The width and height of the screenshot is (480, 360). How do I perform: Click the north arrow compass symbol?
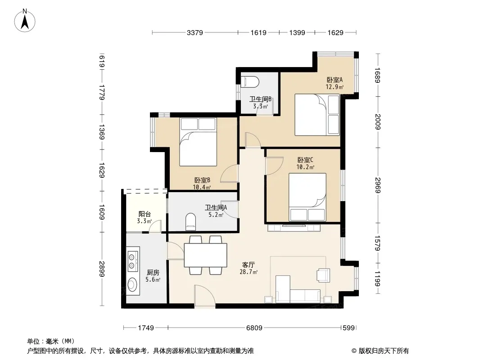click(25, 21)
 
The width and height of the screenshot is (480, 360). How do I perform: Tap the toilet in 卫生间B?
click(250, 82)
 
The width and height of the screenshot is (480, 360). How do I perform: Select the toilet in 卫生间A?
click(190, 222)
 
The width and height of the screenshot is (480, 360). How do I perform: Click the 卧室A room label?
click(335, 80)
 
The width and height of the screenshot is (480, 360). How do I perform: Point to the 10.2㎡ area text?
click(305, 167)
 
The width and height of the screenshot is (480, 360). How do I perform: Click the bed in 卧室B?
click(198, 142)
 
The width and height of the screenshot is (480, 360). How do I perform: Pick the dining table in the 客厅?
click(205, 255)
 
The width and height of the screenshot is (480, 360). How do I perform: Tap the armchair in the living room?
click(323, 274)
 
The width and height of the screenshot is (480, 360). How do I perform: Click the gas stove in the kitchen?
click(133, 259)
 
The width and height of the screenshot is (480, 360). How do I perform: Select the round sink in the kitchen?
click(132, 285)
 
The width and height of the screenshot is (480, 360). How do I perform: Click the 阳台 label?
click(145, 214)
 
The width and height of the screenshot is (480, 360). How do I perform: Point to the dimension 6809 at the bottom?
click(254, 328)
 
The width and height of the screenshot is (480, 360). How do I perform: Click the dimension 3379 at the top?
click(195, 32)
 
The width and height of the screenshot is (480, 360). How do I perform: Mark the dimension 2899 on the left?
click(102, 269)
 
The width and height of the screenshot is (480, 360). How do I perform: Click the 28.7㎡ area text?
click(249, 272)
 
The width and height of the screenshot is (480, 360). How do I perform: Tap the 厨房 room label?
click(153, 272)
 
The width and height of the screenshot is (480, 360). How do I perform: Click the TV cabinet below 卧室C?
click(294, 228)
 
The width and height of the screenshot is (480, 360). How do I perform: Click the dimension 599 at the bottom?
click(349, 328)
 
